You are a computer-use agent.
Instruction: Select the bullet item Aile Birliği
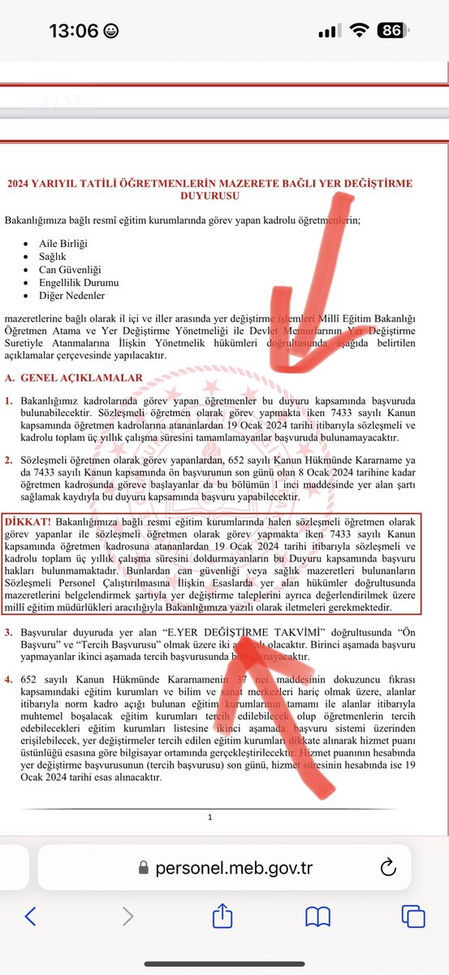63,244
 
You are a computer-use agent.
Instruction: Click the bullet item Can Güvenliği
71,269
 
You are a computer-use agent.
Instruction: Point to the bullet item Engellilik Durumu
78,282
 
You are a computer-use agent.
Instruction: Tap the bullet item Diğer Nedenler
71,295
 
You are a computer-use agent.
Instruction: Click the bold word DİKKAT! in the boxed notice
26,518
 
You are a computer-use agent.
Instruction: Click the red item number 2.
8,459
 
